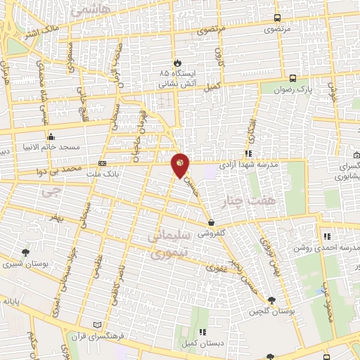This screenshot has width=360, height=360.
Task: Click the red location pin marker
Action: tap(181, 165)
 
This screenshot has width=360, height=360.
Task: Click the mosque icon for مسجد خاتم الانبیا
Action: tap(50, 136)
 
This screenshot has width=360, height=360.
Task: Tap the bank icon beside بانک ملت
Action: tap(103, 163)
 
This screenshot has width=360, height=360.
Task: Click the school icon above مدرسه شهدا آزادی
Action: tap(248, 153)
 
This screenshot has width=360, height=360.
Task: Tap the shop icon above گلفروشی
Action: tap(211, 223)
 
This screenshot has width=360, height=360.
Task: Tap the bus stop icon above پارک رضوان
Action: tap(292, 78)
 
